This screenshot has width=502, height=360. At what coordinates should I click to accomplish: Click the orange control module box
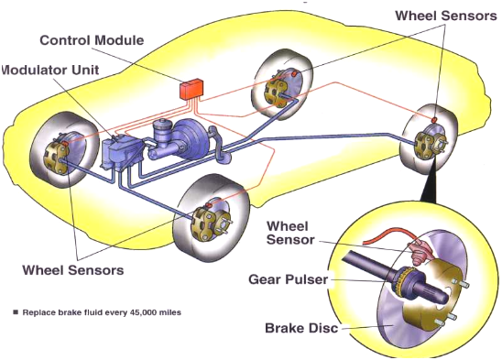point(191,89)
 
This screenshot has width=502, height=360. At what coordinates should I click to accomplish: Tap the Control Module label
point(92,40)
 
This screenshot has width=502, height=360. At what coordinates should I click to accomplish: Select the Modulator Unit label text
point(50,70)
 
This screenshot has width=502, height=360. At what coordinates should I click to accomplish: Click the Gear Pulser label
point(289,279)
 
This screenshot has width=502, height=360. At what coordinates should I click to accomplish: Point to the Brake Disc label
point(301,328)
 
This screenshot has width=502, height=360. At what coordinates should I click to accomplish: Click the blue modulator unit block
point(121,153)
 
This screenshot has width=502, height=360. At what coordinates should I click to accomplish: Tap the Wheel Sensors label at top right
point(445,16)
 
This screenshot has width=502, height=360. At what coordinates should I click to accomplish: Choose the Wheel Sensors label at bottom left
point(73,270)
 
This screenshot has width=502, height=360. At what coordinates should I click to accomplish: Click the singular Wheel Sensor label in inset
point(290,233)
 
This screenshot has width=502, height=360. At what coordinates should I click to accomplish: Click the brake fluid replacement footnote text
point(102,312)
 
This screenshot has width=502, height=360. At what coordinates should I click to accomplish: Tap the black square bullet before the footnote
point(16,312)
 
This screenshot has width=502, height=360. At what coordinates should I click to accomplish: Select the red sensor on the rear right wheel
point(434,119)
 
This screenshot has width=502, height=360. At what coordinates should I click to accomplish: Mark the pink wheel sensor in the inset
point(419,251)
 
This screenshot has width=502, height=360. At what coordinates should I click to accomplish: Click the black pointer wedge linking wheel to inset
point(429,181)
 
